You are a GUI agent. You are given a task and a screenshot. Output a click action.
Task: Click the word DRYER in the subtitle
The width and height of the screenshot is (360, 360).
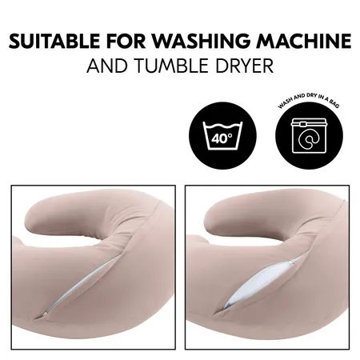pos(245,66)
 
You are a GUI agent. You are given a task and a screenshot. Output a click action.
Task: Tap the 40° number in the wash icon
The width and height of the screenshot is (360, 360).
pos(221,138)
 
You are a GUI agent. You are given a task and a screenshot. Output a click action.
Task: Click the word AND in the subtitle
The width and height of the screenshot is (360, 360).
pos(106,66)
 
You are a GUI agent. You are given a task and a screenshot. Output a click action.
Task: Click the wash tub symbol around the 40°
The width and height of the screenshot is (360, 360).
pos(221,128)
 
